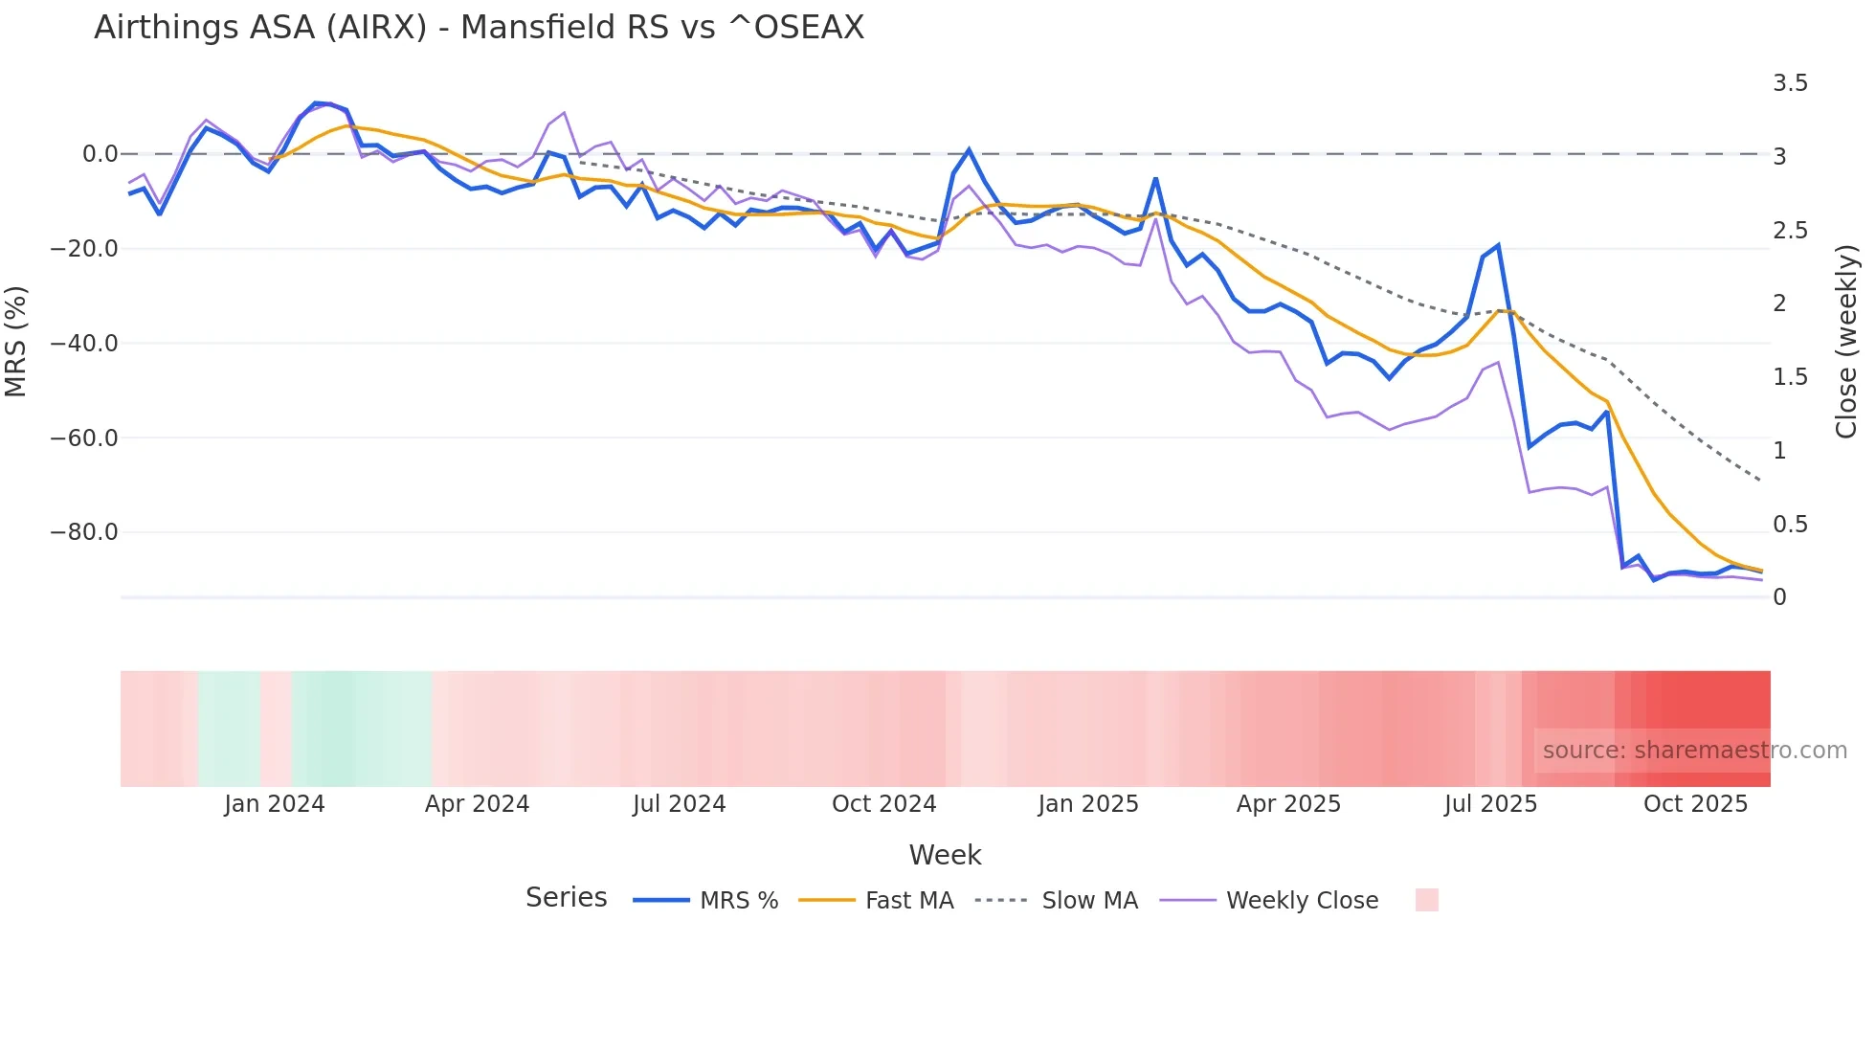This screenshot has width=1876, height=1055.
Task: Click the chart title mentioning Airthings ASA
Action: tap(479, 28)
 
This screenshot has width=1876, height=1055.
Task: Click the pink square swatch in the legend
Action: tap(1426, 900)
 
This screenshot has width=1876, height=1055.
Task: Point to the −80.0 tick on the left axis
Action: tap(84, 532)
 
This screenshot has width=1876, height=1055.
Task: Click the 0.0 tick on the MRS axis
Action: tap(100, 154)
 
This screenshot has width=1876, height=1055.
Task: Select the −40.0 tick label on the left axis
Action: tap(84, 344)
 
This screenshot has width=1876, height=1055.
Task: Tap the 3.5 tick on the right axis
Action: tap(1790, 83)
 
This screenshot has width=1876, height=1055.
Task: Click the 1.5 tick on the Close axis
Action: tap(1790, 377)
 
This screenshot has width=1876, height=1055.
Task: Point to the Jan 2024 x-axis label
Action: tap(275, 804)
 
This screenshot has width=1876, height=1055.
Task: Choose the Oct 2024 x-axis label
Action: tap(883, 804)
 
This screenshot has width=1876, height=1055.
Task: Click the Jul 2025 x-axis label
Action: tap(1490, 804)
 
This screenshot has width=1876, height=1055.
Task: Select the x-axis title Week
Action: tap(945, 855)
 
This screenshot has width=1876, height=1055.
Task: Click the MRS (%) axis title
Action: tap(16, 342)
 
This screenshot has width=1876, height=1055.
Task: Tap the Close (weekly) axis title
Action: tap(1846, 342)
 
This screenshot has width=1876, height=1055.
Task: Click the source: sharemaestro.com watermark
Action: tap(1694, 751)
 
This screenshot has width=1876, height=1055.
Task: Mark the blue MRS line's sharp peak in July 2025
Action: tap(1498, 246)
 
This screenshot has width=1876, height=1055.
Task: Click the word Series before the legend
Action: tap(566, 898)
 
